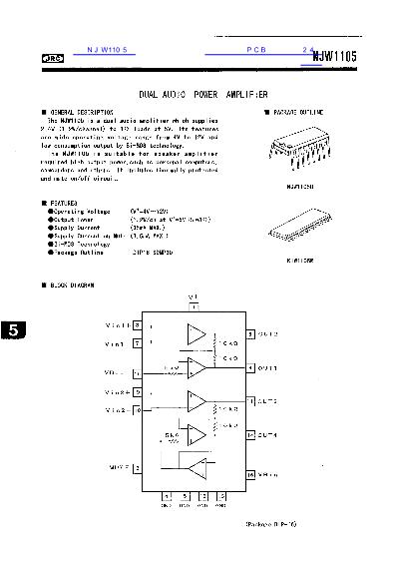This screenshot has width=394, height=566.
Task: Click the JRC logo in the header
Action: click(49, 60)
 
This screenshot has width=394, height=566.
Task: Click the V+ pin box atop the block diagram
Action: click(194, 308)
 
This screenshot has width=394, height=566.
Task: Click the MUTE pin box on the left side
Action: click(137, 467)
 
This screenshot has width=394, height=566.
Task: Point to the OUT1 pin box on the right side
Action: click(251, 368)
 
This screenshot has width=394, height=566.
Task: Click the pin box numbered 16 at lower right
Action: click(251, 474)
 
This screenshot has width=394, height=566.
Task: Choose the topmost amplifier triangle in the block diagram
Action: click(198, 332)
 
